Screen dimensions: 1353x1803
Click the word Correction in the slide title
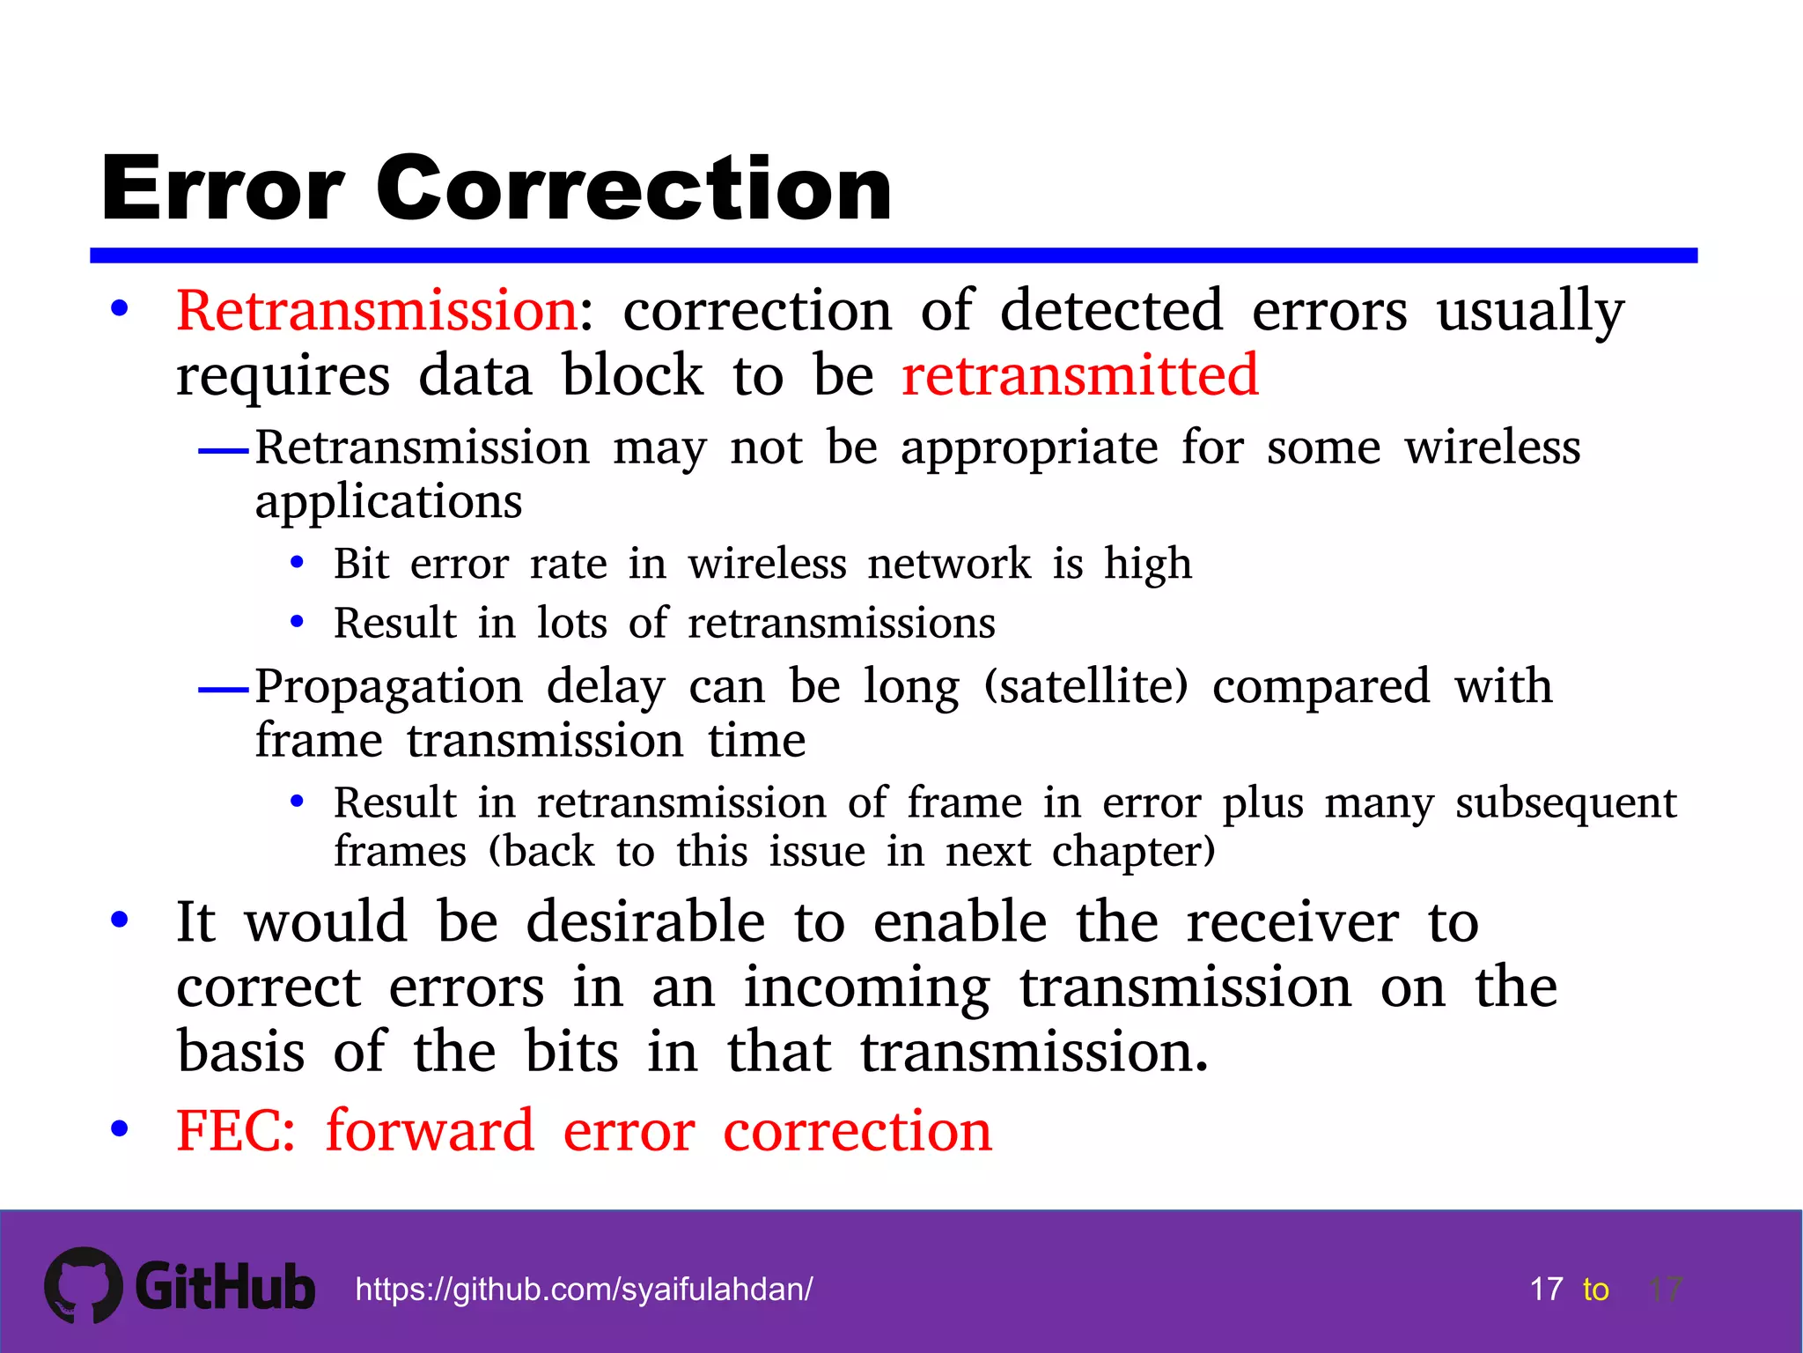coord(634,189)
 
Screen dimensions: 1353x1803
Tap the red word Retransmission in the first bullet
coord(377,311)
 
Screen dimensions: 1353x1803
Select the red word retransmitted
coord(1080,375)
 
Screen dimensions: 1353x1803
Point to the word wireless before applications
coord(1492,447)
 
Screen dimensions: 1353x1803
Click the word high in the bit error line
coord(1148,565)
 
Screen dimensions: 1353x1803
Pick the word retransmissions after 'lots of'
coord(842,624)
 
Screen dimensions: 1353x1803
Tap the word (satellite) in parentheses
coord(1085,686)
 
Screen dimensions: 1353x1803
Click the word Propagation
coord(389,688)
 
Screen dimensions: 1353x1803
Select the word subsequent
coord(1565,803)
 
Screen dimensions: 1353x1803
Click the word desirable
coord(645,922)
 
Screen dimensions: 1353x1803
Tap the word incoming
coord(866,988)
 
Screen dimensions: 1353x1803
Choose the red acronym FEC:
coord(235,1131)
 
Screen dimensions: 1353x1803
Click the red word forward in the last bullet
coord(430,1131)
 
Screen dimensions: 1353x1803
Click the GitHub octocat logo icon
coord(84,1285)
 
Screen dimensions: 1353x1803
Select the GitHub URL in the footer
coord(584,1290)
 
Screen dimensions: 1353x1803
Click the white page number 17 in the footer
coord(1546,1290)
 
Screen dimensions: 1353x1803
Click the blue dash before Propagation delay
coord(224,690)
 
